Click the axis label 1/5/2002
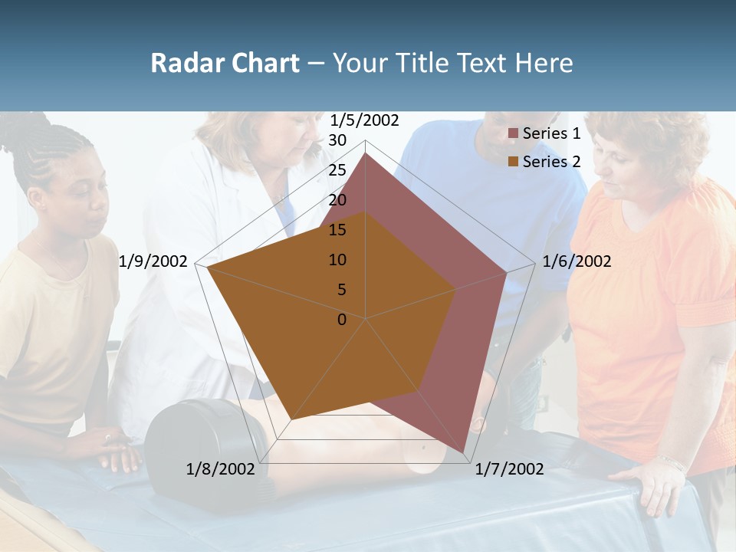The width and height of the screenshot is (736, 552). (364, 120)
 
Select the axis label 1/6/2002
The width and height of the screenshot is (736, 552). (577, 261)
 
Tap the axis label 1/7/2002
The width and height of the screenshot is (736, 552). (509, 468)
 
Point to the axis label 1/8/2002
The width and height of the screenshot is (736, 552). (220, 468)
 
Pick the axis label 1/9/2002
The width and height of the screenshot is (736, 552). (153, 261)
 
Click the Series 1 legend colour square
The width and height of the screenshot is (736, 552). (514, 133)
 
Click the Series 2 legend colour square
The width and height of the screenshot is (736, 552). (514, 162)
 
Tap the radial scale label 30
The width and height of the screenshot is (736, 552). (337, 140)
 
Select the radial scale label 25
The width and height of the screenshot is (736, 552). (337, 170)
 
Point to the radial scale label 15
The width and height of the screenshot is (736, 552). (337, 230)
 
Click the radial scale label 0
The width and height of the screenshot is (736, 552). (342, 320)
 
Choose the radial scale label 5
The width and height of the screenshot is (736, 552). (342, 290)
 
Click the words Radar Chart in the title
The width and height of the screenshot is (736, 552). (225, 63)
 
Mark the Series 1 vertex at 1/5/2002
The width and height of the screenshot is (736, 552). (366, 153)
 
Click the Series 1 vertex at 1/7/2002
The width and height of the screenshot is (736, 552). (464, 452)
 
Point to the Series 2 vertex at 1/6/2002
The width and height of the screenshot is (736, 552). (456, 289)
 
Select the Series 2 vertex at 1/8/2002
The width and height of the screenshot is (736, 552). (291, 419)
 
